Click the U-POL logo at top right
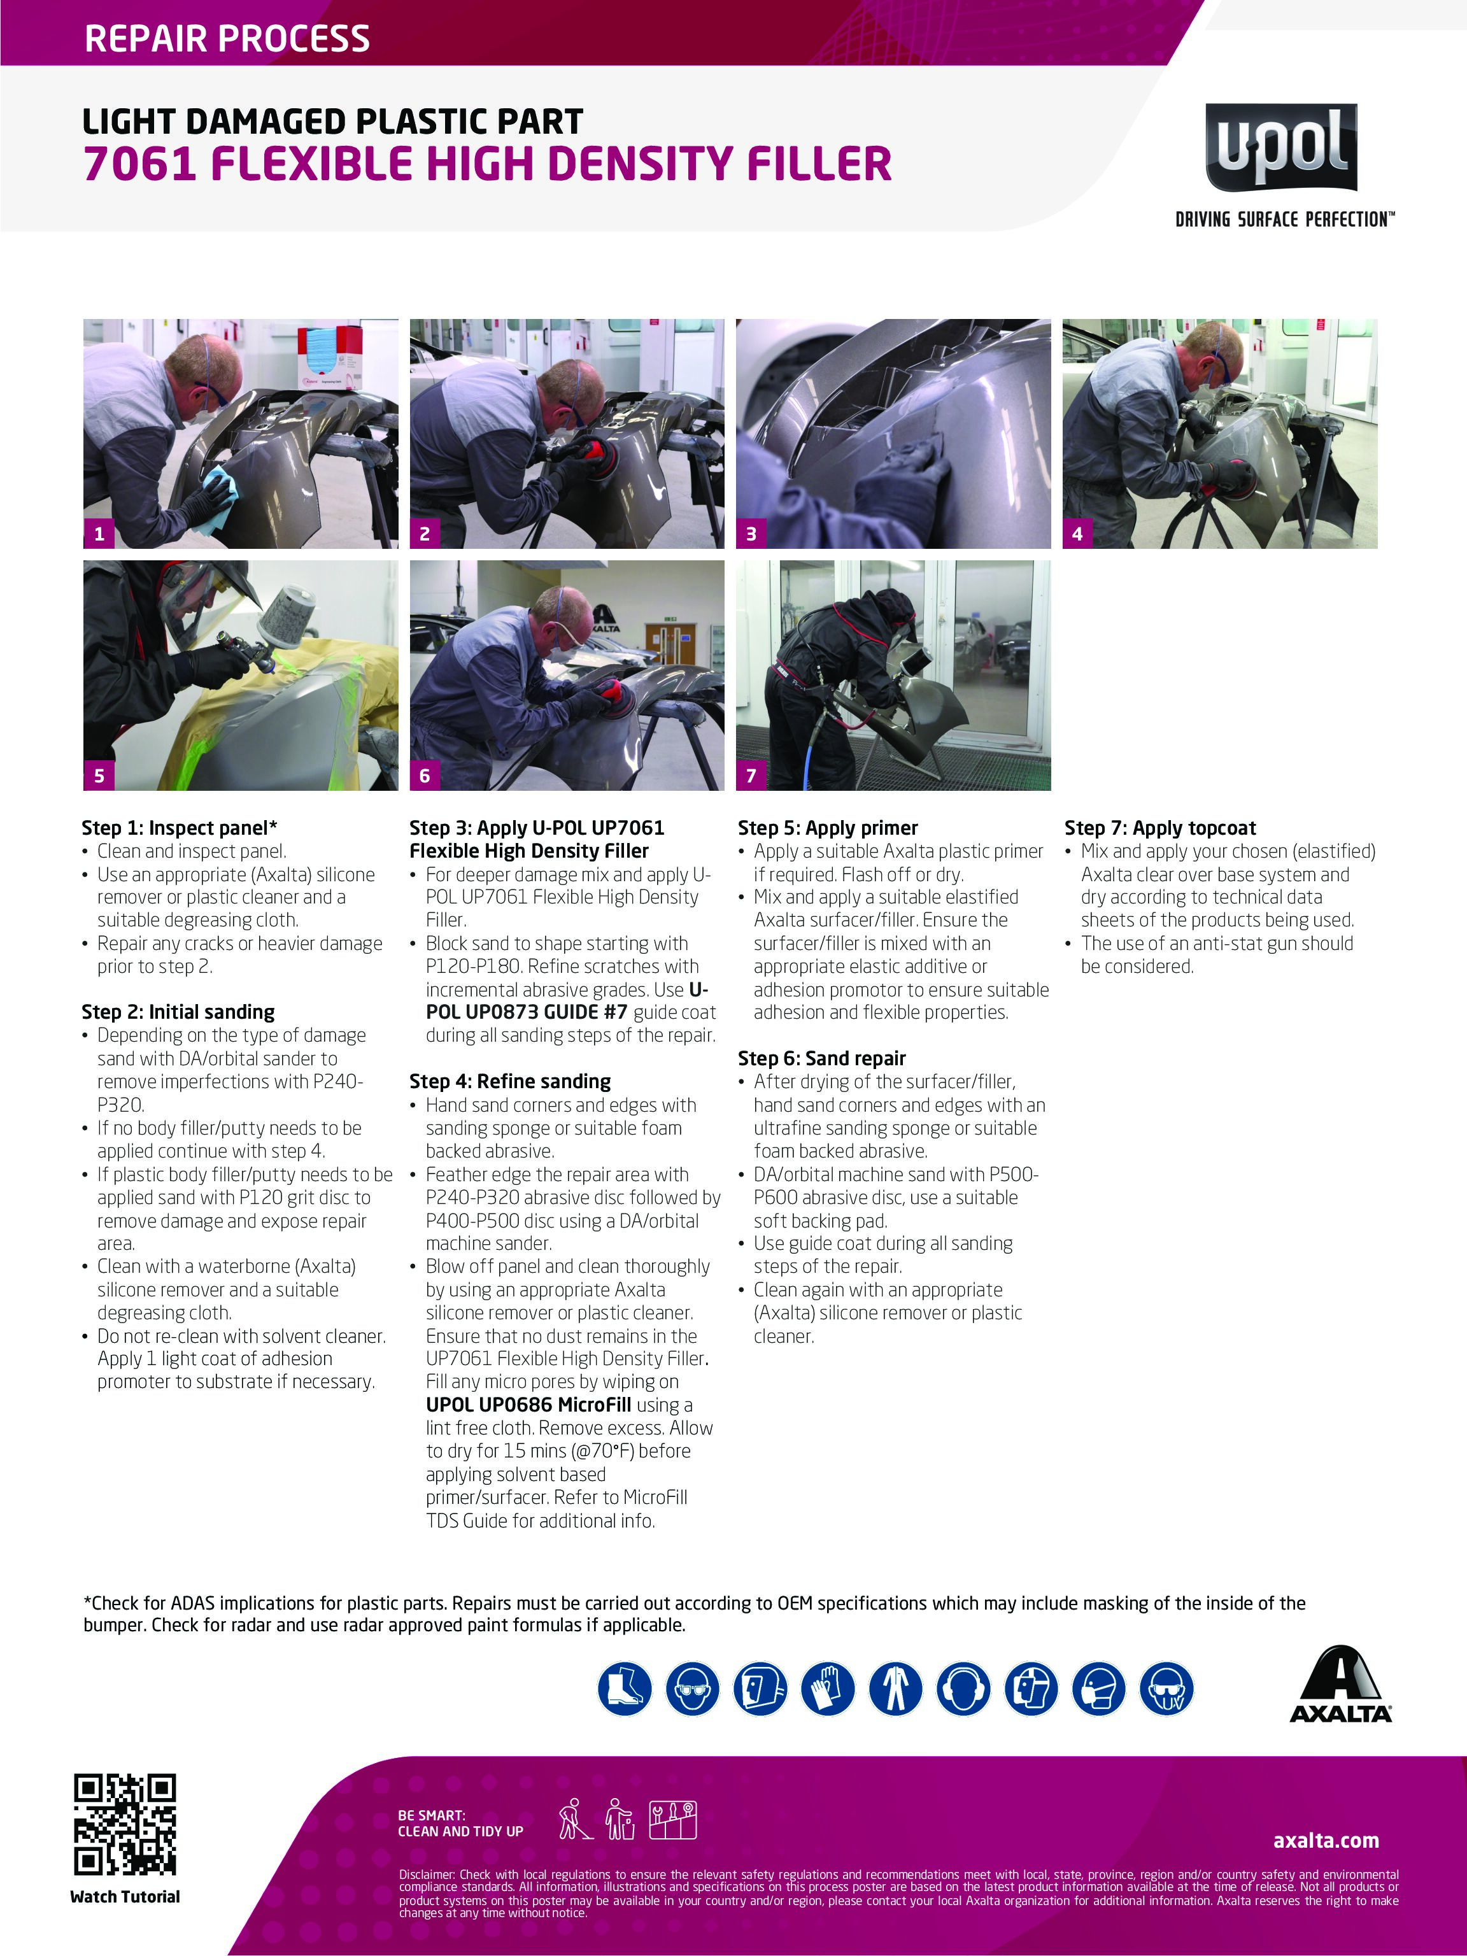(1281, 148)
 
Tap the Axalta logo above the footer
(1340, 1685)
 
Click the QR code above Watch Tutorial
(125, 1824)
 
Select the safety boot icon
(624, 1688)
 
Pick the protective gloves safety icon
(828, 1688)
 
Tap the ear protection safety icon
(963, 1688)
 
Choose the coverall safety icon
(896, 1688)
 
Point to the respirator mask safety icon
(1099, 1688)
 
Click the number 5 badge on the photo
(99, 775)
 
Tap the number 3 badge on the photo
(751, 533)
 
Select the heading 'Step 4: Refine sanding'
(510, 1081)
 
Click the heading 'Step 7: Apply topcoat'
(1160, 828)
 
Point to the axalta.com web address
(1326, 1840)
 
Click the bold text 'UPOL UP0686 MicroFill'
(528, 1404)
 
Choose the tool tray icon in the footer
(673, 1819)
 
